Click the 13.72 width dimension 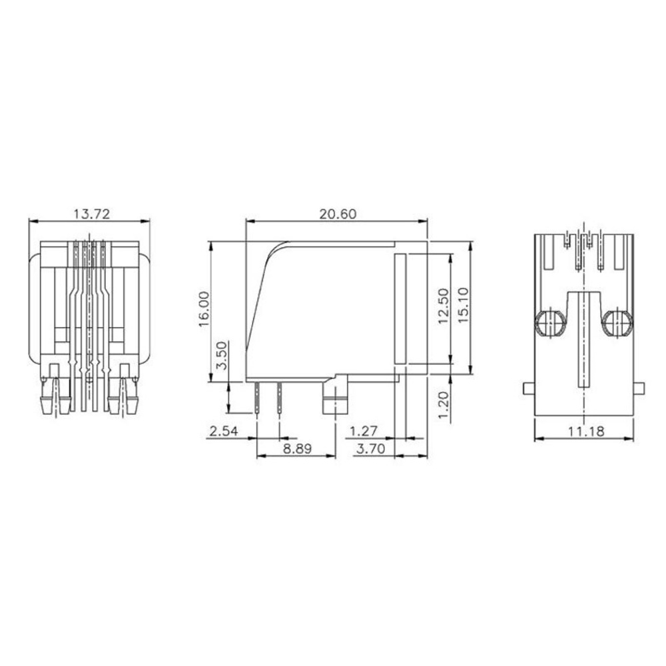click(x=91, y=214)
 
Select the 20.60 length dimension click(x=338, y=214)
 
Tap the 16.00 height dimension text click(x=204, y=308)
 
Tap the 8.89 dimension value click(x=296, y=450)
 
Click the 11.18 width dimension click(x=586, y=432)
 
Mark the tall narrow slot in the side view click(x=400, y=308)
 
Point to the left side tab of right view click(x=527, y=389)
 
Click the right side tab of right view click(x=640, y=389)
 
